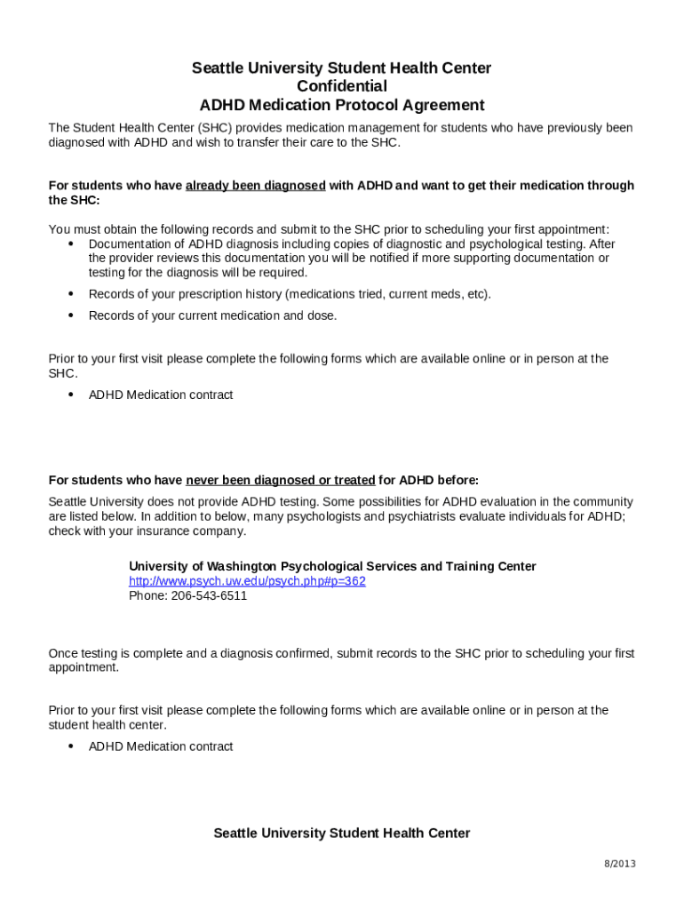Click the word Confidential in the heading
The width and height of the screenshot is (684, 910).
coord(342,86)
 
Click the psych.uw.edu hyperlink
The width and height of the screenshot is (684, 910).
coord(247,581)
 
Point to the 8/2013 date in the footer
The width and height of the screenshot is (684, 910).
coord(620,864)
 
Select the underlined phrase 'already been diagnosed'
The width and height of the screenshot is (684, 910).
coord(255,186)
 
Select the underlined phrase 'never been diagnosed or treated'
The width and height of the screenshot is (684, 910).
coord(280,481)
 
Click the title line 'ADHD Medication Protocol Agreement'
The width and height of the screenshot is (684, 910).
coord(342,105)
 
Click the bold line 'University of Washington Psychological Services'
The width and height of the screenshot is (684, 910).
coord(332,566)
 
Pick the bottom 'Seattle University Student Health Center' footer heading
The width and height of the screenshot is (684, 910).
coord(342,834)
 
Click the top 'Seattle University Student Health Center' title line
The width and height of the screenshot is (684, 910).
coord(342,68)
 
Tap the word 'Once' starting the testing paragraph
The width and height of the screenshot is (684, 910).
coord(63,653)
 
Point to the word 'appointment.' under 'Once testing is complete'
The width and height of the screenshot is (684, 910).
coord(84,667)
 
